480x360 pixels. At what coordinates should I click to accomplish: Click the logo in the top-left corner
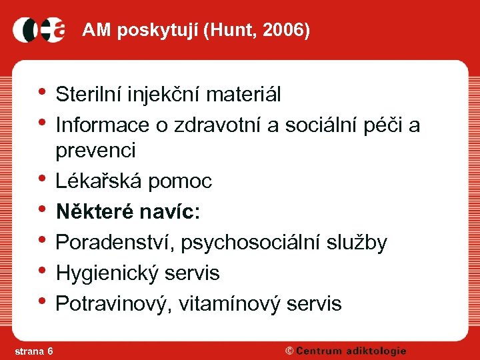pyautogui.click(x=39, y=30)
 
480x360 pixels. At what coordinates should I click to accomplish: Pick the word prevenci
pyautogui.click(x=95, y=151)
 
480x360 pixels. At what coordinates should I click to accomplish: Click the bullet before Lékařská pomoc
pyautogui.click(x=43, y=179)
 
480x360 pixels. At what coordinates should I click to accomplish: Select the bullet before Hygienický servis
pyautogui.click(x=43, y=271)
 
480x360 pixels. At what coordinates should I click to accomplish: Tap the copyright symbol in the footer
pyautogui.click(x=289, y=351)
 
